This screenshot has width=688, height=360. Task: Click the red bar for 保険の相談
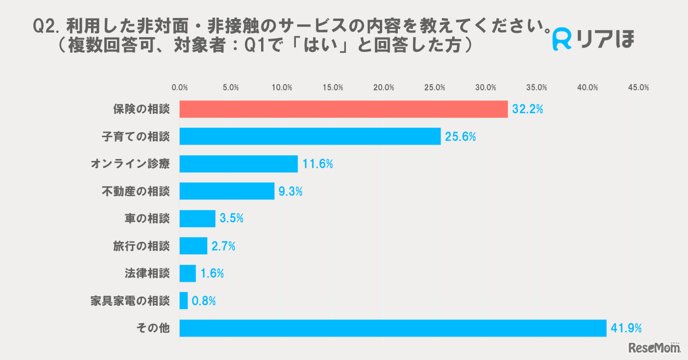343,109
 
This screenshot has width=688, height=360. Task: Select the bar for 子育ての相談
310,136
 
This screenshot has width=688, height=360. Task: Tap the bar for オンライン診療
239,164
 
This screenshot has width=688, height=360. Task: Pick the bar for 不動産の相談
227,191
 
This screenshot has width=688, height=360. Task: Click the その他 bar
393,328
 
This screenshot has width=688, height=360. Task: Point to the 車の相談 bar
197,219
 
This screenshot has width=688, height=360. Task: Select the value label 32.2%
527,110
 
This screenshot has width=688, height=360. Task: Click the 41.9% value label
626,328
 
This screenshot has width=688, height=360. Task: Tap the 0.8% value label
205,301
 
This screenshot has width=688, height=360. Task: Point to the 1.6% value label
212,273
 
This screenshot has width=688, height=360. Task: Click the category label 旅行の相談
141,246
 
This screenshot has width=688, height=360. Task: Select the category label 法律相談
147,273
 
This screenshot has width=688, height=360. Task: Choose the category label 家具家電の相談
130,301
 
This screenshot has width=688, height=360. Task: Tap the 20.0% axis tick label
384,88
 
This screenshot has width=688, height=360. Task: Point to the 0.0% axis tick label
180,88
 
